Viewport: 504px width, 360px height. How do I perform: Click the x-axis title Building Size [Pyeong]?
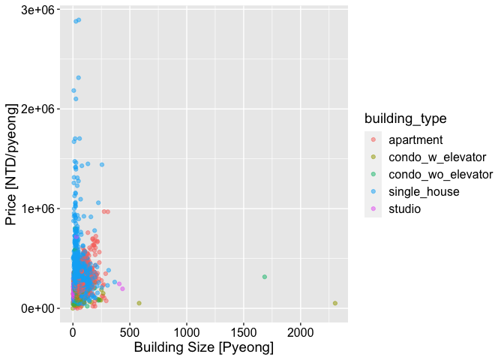(203, 348)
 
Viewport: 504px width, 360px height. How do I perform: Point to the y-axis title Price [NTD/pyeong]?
(13, 163)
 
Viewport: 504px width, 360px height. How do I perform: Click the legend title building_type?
(405, 118)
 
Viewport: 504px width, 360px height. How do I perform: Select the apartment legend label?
(415, 139)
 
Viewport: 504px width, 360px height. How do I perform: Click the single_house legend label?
(424, 191)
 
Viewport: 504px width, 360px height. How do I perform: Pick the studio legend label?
(405, 208)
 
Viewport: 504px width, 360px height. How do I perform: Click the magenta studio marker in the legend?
(373, 208)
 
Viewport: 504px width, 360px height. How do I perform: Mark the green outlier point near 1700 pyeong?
(265, 277)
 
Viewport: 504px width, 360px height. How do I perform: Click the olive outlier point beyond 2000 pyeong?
(335, 303)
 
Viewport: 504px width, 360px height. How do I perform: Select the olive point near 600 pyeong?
(139, 303)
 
